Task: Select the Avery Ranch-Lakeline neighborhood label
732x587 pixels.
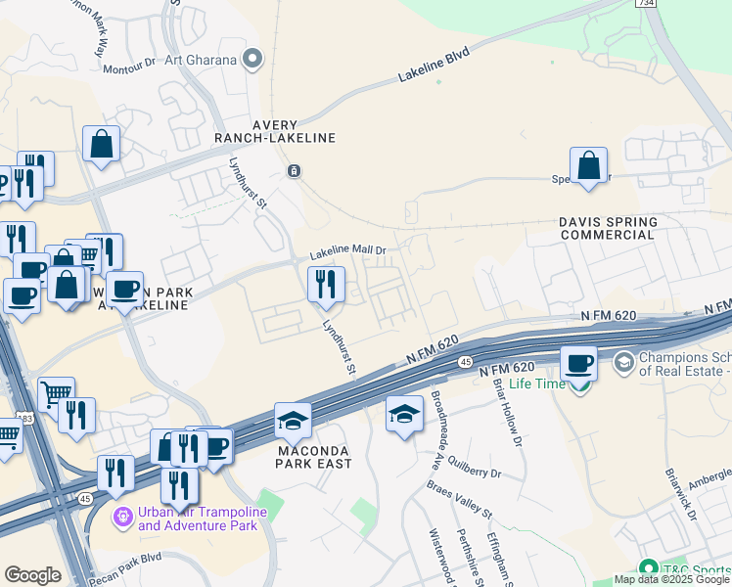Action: [293, 131]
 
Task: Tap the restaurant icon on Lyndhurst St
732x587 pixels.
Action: [325, 284]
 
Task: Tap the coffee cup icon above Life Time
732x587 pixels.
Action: [578, 363]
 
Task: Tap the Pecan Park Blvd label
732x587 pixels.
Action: [125, 559]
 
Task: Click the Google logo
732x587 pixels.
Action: [32, 575]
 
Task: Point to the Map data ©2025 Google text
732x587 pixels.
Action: [671, 579]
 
